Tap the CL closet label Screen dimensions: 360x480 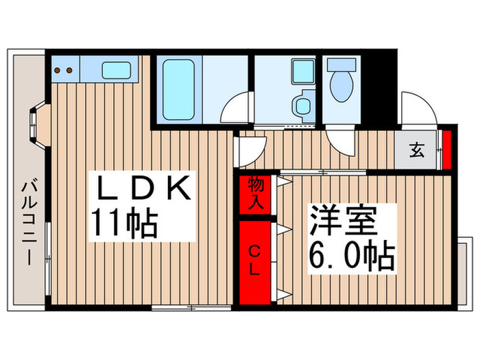click(255, 259)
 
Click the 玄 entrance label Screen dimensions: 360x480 click(416, 149)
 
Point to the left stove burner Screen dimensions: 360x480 click(58, 69)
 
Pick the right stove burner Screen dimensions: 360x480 click(71, 69)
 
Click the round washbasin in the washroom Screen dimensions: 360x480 click(300, 107)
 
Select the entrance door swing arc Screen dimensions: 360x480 click(420, 109)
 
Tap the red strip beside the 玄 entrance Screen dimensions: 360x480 click(446, 148)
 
